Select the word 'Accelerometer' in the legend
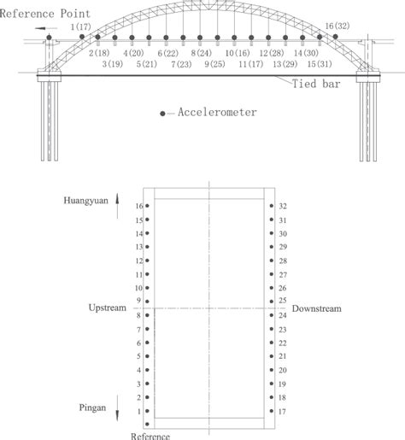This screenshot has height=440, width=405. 218,112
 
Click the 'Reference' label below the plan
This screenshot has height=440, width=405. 151,435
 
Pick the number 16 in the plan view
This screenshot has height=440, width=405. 138,206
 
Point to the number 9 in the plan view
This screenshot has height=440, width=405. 139,301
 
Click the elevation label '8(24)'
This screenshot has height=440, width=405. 202,52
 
